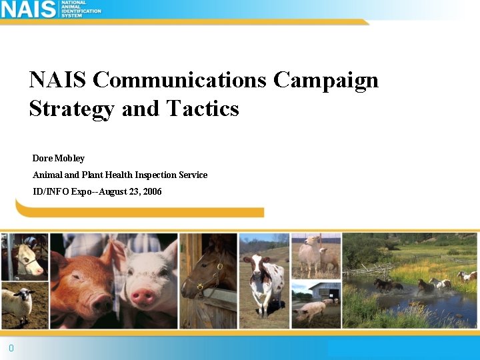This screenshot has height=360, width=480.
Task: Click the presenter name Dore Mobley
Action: (59, 158)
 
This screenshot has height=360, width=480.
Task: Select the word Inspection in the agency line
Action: (156, 175)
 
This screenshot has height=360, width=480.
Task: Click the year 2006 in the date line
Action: (151, 191)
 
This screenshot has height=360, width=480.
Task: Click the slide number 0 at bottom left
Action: (11, 348)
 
